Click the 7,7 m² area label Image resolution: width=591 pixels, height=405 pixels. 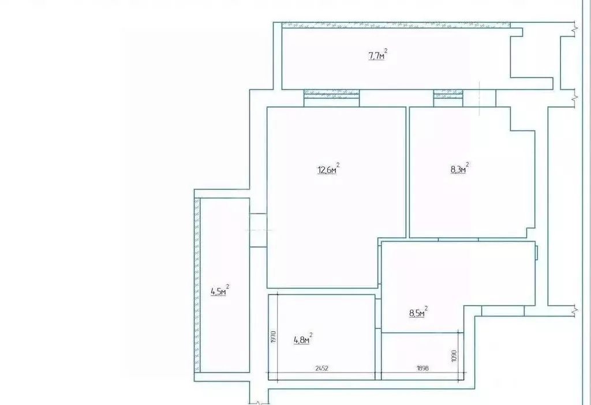tap(377, 55)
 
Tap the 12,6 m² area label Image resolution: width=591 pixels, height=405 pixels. tap(328, 169)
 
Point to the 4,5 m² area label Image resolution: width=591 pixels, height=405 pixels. tap(220, 290)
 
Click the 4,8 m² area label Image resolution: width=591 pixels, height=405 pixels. tap(303, 339)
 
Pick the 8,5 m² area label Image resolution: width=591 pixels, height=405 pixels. tap(418, 312)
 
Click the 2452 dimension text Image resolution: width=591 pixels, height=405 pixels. tap(321, 368)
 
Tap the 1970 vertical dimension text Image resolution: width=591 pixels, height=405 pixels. tap(274, 336)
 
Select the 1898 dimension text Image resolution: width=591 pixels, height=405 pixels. tap(423, 368)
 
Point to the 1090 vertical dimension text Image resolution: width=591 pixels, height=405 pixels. tap(454, 356)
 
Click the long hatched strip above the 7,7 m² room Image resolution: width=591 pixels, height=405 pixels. tap(396, 25)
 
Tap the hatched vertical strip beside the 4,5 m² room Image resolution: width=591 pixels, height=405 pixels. tap(197, 285)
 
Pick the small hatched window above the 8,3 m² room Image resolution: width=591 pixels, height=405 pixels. tap(448, 92)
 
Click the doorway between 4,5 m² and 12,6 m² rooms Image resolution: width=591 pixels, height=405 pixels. tap(258, 230)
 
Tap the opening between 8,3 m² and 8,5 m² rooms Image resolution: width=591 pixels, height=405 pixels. tap(458, 239)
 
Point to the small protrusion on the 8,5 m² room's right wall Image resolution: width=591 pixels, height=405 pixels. tap(536, 253)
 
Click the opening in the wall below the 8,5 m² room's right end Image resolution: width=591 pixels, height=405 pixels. tap(503, 311)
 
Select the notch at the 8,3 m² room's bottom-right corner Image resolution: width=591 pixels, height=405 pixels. tap(531, 233)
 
